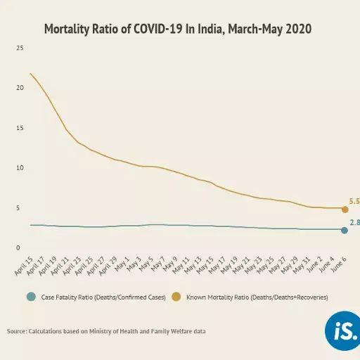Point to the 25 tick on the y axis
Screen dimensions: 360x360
tap(20, 48)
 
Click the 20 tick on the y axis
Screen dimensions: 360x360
tap(20, 88)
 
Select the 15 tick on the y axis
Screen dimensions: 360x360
tap(20, 128)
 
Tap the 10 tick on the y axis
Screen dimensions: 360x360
tap(20, 168)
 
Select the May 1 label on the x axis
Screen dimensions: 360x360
tap(121, 264)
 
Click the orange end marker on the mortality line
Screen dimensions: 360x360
tap(345, 210)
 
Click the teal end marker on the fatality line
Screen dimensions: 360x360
tap(345, 231)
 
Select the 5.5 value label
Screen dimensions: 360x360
tap(354, 201)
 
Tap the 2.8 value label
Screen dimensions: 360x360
tap(354, 223)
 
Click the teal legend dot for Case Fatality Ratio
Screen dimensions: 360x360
tap(30, 297)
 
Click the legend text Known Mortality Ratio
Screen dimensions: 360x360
tap(257, 298)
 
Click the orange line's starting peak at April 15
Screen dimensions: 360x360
tap(30, 73)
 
